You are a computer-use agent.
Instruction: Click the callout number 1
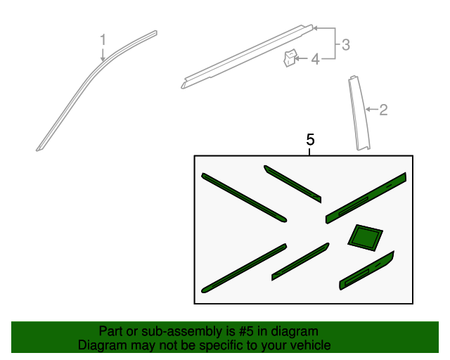pyautogui.click(x=103, y=39)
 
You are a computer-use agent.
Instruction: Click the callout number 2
pyautogui.click(x=383, y=110)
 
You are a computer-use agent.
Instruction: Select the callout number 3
pyautogui.click(x=346, y=45)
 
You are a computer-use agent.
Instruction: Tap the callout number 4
pyautogui.click(x=316, y=59)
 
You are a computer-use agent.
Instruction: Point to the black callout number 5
pyautogui.click(x=310, y=139)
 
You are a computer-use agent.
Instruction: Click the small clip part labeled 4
pyautogui.click(x=290, y=58)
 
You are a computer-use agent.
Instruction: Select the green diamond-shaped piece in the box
pyautogui.click(x=365, y=238)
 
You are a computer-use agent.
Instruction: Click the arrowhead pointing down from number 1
pyautogui.click(x=103, y=58)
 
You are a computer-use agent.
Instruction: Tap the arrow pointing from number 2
pyautogui.click(x=372, y=109)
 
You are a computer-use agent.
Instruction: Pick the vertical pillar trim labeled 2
pyautogui.click(x=359, y=113)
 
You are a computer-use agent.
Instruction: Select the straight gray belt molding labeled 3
pyautogui.click(x=247, y=56)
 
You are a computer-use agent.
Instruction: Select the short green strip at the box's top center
pyautogui.click(x=292, y=184)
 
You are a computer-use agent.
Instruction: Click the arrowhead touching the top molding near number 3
pyautogui.click(x=315, y=28)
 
